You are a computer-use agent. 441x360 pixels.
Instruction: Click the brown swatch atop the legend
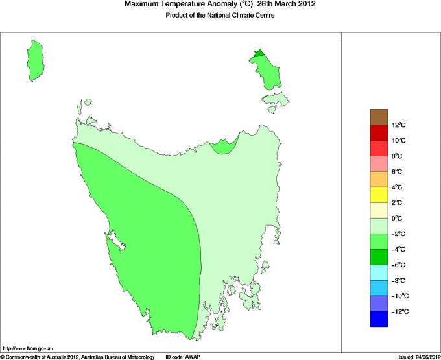click(x=379, y=117)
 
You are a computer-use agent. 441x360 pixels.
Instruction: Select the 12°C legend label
click(x=398, y=125)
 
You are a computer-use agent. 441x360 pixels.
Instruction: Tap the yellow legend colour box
click(x=379, y=195)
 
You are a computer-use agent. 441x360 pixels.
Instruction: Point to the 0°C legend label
click(x=398, y=218)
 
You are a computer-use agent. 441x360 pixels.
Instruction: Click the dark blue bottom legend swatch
click(x=379, y=319)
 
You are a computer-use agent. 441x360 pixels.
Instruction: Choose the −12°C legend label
click(x=399, y=311)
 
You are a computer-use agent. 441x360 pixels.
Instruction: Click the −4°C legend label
click(x=398, y=249)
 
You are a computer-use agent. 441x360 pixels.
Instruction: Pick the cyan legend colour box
click(x=379, y=272)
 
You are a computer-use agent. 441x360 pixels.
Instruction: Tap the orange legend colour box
click(x=379, y=179)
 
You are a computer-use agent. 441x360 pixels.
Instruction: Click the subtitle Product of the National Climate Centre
click(x=220, y=15)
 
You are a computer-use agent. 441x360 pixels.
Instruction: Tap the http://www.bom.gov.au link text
click(x=27, y=349)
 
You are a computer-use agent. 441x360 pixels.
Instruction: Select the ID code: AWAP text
click(x=184, y=357)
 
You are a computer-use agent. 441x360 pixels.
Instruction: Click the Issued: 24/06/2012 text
click(x=418, y=357)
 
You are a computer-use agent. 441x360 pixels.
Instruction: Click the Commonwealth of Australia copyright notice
click(x=77, y=357)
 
